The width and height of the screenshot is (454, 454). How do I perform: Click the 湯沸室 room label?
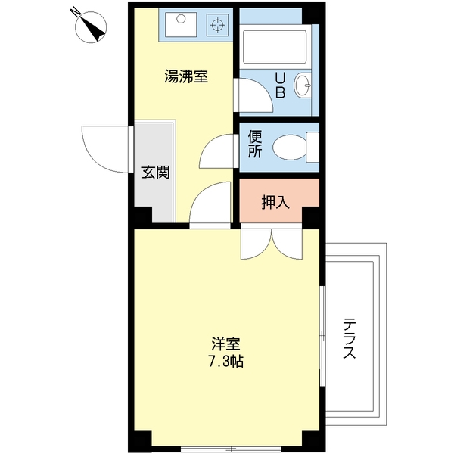click(x=186, y=76)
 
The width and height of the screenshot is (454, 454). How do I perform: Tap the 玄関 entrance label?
click(x=155, y=173)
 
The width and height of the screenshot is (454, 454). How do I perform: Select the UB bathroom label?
click(x=280, y=86)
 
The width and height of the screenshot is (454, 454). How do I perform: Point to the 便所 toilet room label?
click(x=255, y=145)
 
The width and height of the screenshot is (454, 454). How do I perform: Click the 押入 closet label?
click(x=275, y=202)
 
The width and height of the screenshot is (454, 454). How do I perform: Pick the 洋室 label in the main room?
click(x=225, y=344)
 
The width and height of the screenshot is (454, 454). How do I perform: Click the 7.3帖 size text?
click(x=225, y=361)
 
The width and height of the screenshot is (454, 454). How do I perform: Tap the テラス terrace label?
click(x=349, y=338)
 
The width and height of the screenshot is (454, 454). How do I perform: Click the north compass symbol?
click(x=90, y=26)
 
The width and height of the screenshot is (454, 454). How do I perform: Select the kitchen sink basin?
click(x=181, y=25)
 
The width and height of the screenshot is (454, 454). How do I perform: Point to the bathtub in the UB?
click(x=275, y=47)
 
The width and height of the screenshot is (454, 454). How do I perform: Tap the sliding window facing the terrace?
click(x=322, y=336)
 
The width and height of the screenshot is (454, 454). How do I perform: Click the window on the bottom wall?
click(x=231, y=449)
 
